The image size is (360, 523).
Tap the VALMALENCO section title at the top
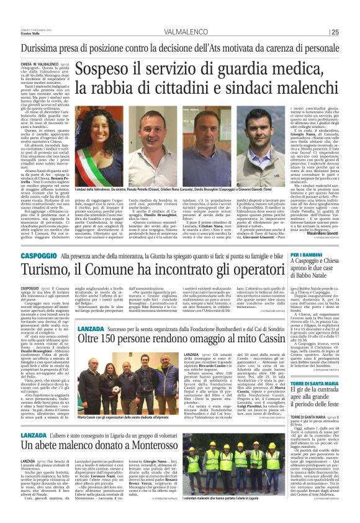point(181,31)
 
